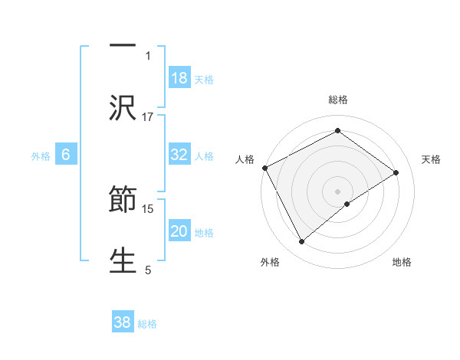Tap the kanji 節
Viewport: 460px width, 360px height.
123,201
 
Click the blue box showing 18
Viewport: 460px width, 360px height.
179,78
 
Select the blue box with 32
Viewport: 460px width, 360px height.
179,155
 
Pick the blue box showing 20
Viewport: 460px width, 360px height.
179,231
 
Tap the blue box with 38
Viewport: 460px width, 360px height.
123,322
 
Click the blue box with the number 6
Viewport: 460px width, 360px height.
66,155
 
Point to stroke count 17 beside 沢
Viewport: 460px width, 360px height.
148,116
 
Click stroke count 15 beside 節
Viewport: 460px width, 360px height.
148,208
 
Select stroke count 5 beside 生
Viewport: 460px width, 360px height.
148,270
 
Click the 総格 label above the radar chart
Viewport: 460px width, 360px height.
338,100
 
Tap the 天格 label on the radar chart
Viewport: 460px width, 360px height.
432,159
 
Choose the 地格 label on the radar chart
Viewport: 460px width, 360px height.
402,262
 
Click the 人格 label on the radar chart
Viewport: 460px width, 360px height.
245,159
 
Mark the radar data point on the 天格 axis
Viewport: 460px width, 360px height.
396,172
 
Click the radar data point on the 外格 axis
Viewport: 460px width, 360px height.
302,242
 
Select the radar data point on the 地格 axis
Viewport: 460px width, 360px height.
347,204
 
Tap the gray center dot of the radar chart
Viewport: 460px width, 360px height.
338,191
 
